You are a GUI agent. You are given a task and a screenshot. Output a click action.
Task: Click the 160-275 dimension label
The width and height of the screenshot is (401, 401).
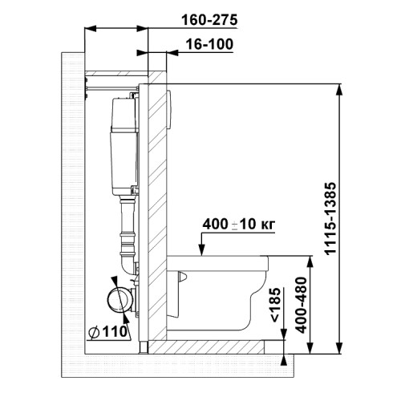(209, 20)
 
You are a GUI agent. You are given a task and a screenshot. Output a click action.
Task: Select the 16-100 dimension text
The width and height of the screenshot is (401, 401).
(209, 44)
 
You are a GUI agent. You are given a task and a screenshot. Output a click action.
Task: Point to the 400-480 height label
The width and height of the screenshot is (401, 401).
(302, 305)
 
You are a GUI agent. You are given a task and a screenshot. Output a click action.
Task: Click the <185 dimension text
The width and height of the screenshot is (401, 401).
(275, 304)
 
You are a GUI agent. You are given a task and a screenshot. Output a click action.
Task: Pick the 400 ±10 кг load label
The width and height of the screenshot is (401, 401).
(239, 224)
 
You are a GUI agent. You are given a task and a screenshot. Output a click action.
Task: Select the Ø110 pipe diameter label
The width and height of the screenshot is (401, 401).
(108, 332)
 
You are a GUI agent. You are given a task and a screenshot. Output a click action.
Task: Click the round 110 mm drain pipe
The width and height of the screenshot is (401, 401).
(119, 299)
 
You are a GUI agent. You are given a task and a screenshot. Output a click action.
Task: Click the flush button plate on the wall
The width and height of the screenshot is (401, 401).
(168, 110)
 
